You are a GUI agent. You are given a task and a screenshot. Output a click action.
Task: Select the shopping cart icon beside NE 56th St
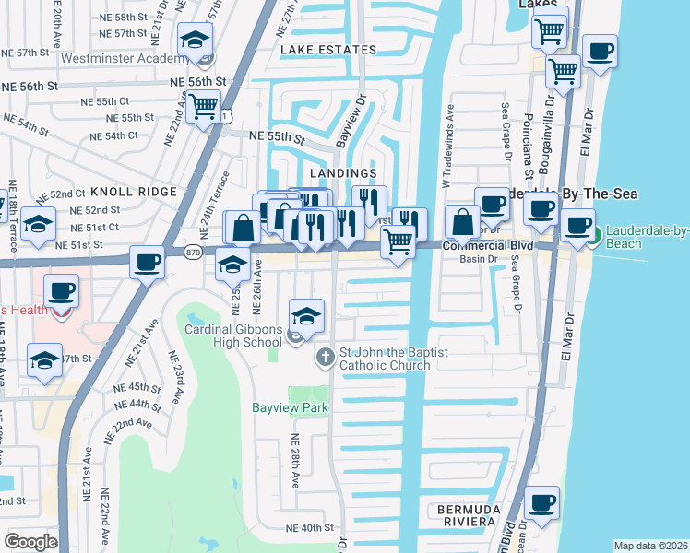tap(203, 105)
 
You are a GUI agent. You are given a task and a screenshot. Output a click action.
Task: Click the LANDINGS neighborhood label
tap(343, 173)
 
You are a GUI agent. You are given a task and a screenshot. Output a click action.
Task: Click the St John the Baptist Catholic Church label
tap(385, 359)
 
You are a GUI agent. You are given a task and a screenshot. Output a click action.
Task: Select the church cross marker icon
tap(325, 357)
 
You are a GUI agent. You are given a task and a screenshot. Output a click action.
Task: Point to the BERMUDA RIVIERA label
tap(470, 515)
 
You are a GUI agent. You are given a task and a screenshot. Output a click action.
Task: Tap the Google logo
tap(30, 542)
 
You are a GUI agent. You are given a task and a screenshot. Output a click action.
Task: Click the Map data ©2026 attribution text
tap(650, 546)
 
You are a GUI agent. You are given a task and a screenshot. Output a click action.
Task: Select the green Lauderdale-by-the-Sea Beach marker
tap(595, 236)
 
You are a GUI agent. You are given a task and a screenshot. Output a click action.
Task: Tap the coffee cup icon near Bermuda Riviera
tap(541, 504)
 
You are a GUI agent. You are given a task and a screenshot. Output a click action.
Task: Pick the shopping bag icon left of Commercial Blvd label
tap(463, 223)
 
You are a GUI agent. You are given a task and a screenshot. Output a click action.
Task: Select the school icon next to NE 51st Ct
tap(38, 226)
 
